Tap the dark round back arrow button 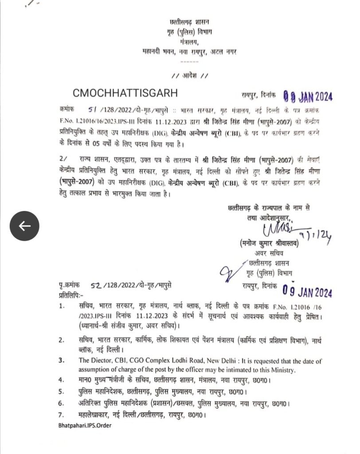point(25,226)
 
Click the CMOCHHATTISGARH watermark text point(125,93)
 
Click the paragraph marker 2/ point(63,158)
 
